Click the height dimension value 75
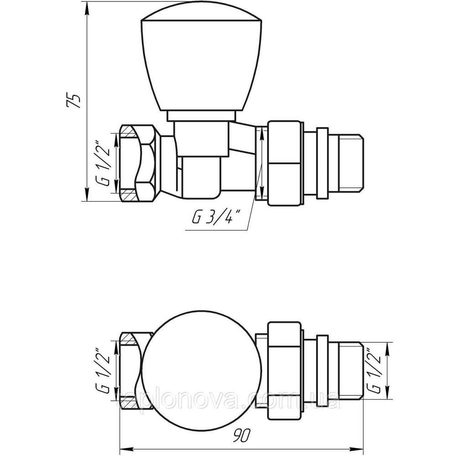(73, 101)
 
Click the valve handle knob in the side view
(201, 62)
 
